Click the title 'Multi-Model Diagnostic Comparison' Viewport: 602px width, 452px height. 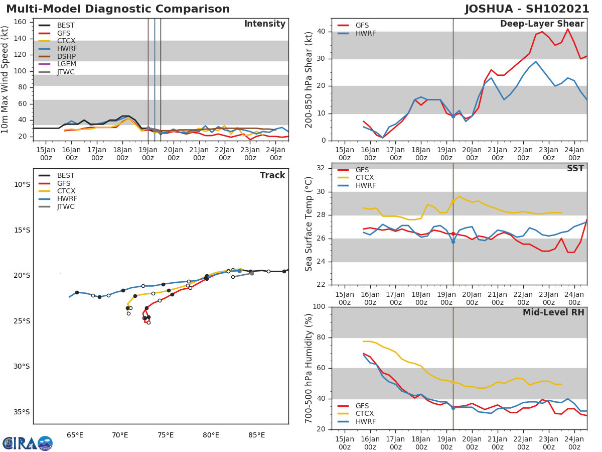pos(118,9)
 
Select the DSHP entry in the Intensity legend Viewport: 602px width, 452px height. pos(66,56)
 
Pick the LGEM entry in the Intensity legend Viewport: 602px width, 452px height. pos(66,64)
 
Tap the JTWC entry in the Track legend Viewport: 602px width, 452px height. pos(66,206)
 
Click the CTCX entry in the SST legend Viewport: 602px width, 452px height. pos(364,178)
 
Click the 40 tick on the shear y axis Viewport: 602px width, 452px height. pos(321,32)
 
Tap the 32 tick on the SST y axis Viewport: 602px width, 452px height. pos(321,168)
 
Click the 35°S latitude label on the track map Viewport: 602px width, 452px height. pos(22,412)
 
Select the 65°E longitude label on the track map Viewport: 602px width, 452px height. pos(75,435)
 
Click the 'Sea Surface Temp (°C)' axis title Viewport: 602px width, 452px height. pos(310,224)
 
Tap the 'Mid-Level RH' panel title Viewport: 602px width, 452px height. pos(553,313)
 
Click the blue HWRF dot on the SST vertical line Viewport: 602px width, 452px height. pos(453,242)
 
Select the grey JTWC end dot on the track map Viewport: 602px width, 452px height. pos(252,273)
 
